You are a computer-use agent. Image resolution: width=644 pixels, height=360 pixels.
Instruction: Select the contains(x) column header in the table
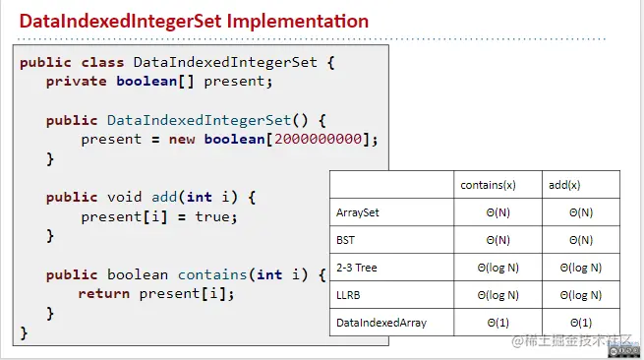pyautogui.click(x=490, y=185)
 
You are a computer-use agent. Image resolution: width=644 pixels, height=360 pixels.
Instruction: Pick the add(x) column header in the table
pyautogui.click(x=564, y=185)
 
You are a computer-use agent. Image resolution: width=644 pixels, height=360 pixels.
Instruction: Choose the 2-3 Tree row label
pyautogui.click(x=356, y=267)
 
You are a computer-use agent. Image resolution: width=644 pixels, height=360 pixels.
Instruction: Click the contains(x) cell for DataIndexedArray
pyautogui.click(x=497, y=322)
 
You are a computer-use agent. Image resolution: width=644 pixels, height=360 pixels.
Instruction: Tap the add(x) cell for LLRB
pyautogui.click(x=580, y=294)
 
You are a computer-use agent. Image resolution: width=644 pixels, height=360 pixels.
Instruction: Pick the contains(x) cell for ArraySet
pyautogui.click(x=497, y=211)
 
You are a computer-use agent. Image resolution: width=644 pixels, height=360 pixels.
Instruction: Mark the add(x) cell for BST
pyautogui.click(x=580, y=239)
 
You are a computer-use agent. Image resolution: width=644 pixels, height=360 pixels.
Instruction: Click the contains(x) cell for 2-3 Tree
pyautogui.click(x=497, y=267)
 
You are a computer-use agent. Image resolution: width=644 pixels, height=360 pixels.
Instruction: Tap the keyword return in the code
pyautogui.click(x=102, y=293)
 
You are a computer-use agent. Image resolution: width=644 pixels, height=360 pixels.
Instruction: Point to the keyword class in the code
pyautogui.click(x=102, y=62)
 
